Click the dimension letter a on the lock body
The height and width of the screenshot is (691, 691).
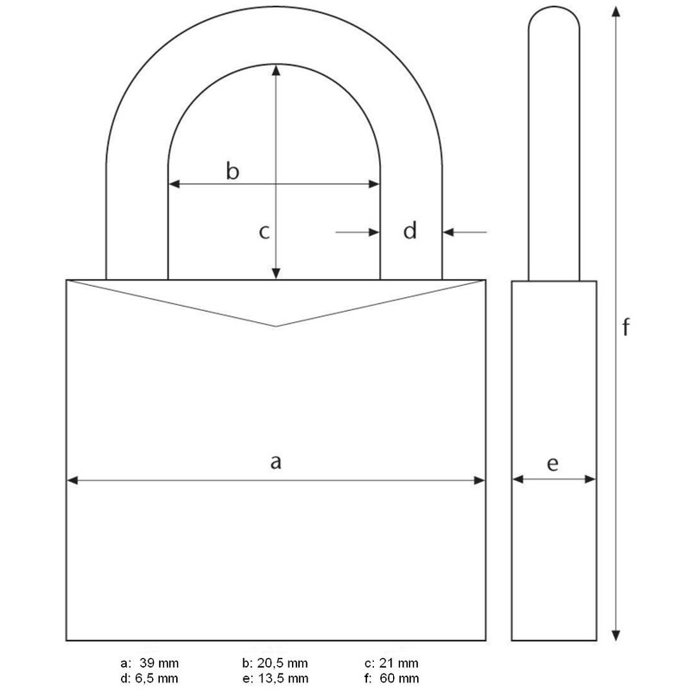click(276, 463)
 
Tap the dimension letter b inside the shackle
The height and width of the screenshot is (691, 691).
click(232, 171)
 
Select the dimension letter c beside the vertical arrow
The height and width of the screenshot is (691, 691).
click(266, 231)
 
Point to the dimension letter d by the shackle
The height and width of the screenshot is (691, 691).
click(411, 231)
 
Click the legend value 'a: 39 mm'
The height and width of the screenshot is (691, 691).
click(149, 662)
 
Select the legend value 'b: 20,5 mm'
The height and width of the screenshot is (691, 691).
click(275, 662)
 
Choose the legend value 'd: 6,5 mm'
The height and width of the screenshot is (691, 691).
click(149, 677)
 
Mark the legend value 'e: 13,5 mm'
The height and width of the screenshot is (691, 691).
click(275, 677)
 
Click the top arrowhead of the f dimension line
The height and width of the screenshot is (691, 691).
click(615, 12)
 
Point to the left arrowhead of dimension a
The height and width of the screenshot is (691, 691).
click(73, 480)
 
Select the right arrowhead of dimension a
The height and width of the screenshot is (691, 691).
click(479, 480)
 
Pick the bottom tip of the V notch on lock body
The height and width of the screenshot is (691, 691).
click(276, 326)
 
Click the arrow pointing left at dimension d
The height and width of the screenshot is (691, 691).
click(451, 232)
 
